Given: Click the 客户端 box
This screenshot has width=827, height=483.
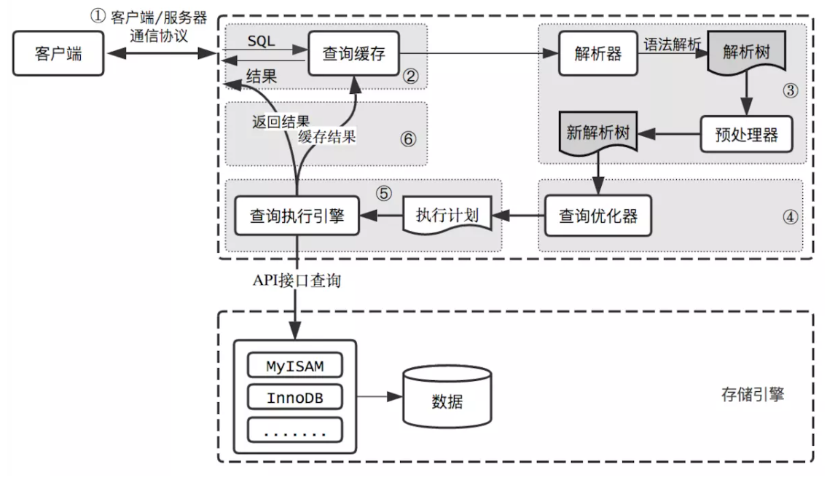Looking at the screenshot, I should (58, 54).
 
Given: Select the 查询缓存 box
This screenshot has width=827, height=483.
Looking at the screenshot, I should (353, 53).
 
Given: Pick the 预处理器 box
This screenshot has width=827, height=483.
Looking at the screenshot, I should (746, 133).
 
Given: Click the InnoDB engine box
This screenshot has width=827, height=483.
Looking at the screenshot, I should (294, 398).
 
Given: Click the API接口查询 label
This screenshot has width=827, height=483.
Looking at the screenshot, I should (297, 281).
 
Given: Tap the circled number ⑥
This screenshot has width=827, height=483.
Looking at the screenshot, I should (409, 138).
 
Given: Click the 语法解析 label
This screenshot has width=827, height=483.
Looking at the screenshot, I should (671, 44).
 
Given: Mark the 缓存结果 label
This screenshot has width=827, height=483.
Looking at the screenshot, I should (326, 136).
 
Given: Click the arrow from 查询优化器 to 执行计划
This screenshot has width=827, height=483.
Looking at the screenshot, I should (517, 216).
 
